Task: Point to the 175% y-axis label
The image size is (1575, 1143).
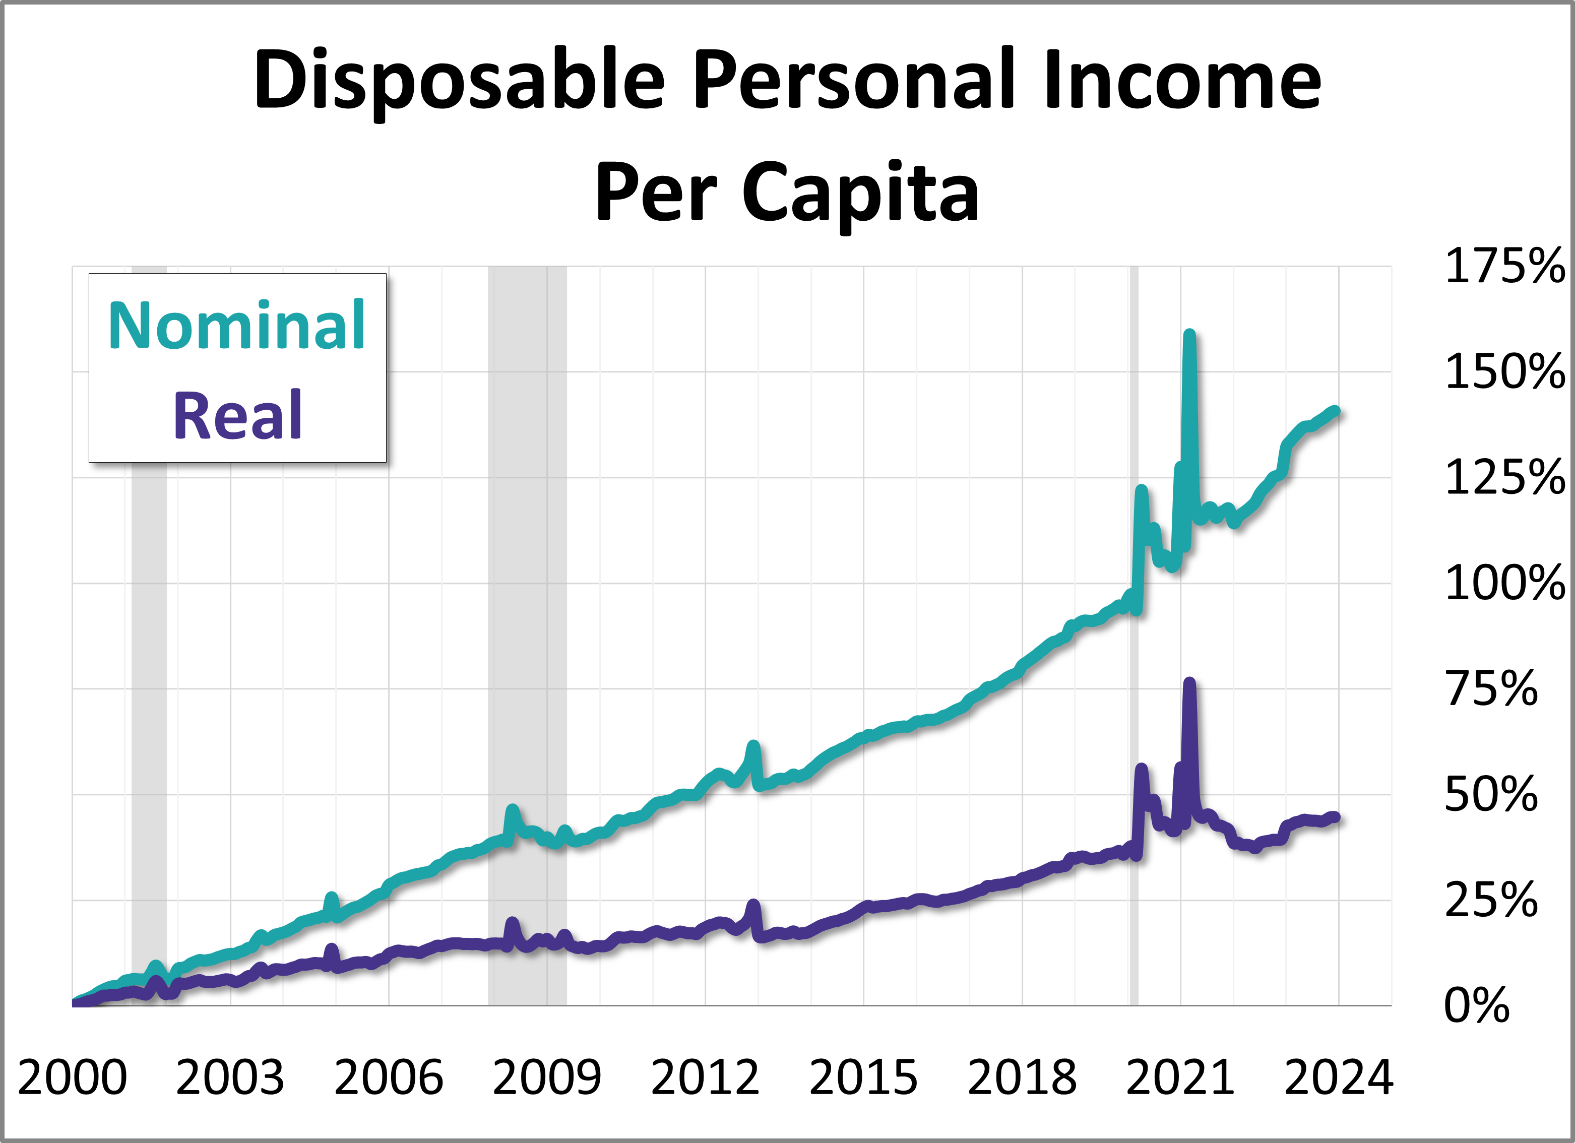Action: pos(1504,266)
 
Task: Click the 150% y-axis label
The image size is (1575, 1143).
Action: pos(1504,372)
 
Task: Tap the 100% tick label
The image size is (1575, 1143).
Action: pos(1504,583)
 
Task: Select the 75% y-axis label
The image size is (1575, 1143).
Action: pos(1490,689)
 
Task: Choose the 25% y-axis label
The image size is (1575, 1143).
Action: pos(1490,900)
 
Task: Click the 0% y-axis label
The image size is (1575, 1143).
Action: pos(1476,1005)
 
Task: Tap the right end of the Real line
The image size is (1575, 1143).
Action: pos(1334,817)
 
